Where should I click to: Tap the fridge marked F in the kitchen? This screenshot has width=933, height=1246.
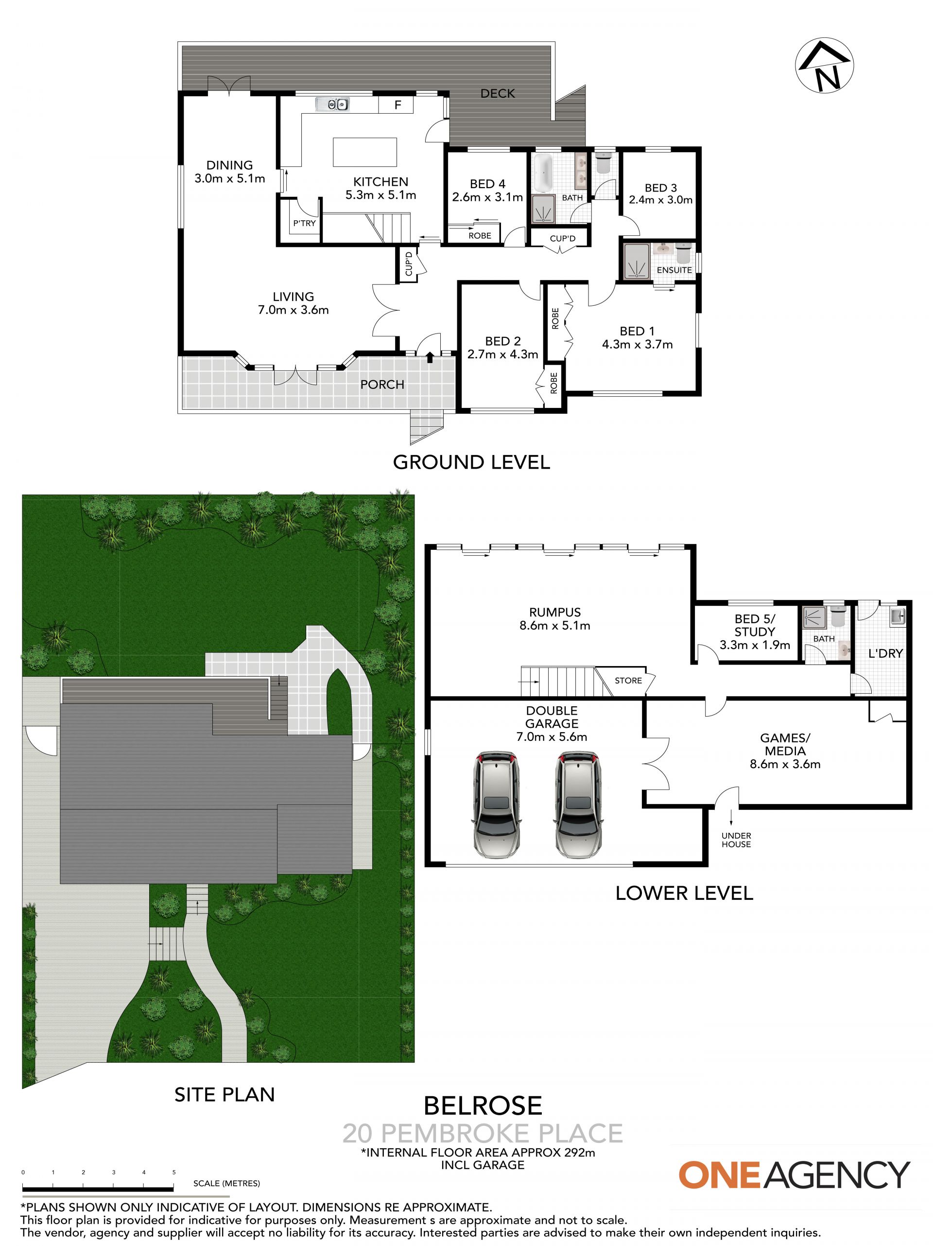397,105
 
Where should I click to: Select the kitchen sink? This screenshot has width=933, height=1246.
333,104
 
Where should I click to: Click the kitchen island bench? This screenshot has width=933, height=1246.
365,152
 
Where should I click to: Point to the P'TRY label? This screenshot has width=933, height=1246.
304,224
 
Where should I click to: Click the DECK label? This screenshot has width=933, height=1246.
498,93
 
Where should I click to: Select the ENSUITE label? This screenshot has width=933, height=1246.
674,270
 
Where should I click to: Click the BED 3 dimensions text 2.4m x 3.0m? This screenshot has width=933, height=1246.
660,200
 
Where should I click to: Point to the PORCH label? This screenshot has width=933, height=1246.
382,385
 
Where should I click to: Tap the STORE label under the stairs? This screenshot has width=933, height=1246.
628,681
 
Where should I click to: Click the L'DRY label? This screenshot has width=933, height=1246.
886,653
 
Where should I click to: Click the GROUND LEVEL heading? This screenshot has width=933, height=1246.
471,462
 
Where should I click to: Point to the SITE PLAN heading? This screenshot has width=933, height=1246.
225,1094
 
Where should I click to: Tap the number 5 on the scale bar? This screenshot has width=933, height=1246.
174,1172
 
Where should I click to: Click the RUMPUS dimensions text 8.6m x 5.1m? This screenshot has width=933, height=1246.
555,625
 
